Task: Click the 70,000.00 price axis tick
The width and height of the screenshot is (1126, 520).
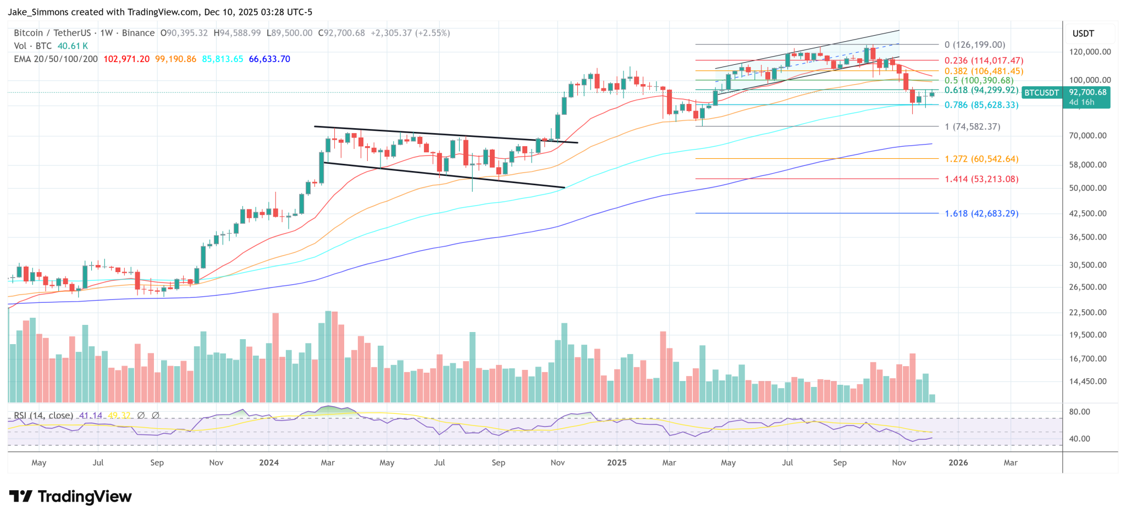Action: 1088,136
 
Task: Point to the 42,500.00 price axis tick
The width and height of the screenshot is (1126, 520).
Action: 1088,213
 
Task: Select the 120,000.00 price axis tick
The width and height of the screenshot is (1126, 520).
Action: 1090,52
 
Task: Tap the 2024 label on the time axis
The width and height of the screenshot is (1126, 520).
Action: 269,463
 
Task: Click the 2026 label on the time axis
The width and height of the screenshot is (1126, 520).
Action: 958,463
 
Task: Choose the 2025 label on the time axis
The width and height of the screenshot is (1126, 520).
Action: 617,463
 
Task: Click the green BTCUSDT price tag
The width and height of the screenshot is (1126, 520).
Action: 1041,93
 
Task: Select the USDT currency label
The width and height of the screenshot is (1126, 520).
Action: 1083,34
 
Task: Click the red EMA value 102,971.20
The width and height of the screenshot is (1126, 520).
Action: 126,59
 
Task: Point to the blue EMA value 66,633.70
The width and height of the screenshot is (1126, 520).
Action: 269,59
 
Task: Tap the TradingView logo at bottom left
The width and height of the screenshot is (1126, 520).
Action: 71,497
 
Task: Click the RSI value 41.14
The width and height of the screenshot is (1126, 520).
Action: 91,416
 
